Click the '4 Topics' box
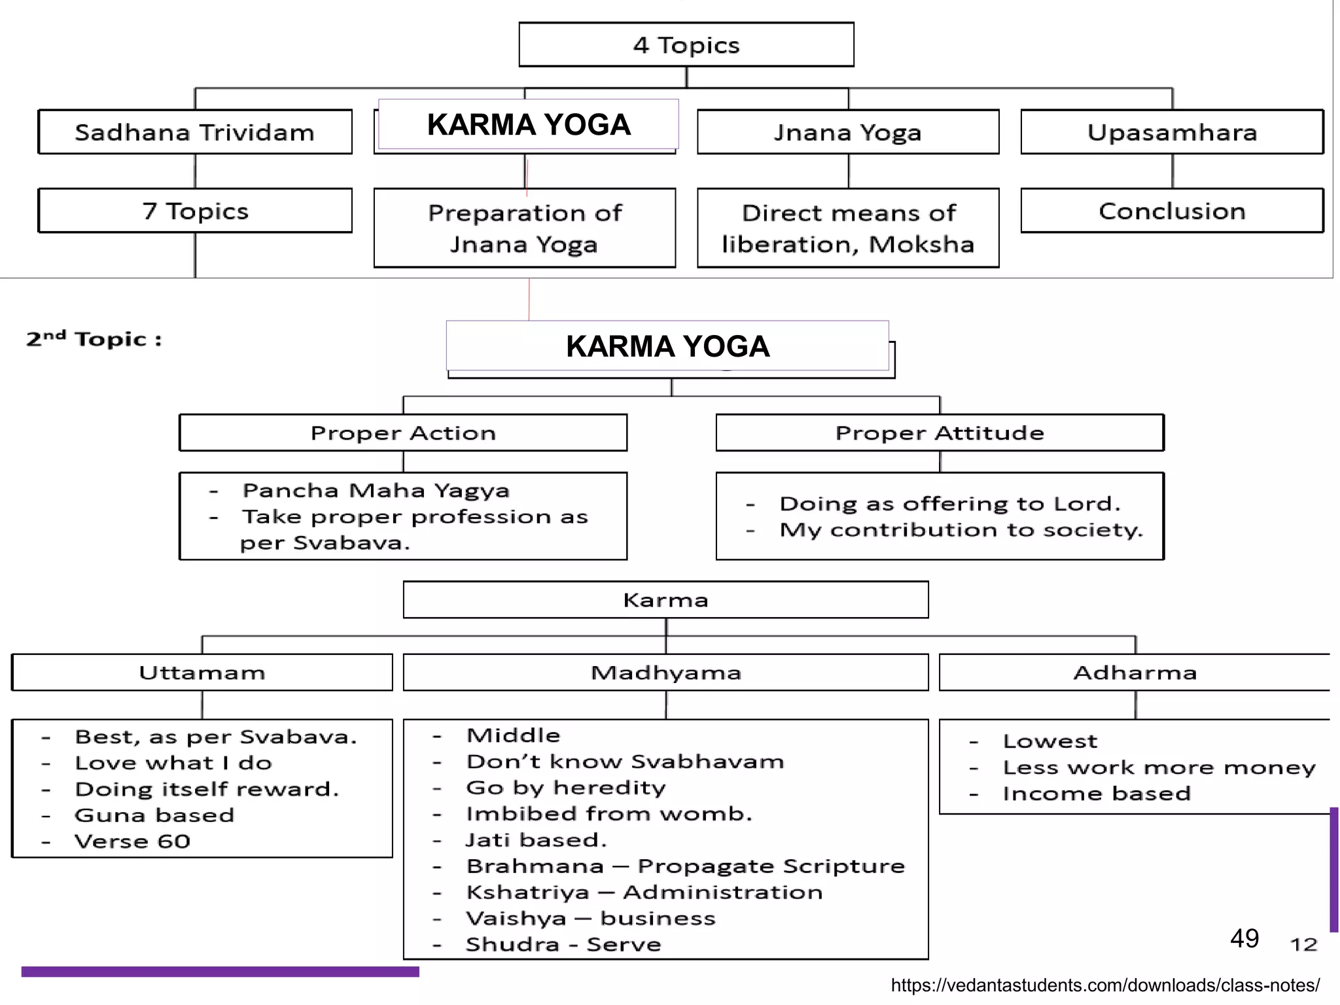[686, 45]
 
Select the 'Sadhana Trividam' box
[195, 132]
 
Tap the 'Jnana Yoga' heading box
[848, 132]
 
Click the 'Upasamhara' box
[1172, 132]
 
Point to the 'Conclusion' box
[1172, 211]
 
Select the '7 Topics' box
[195, 211]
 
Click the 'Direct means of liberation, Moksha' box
[848, 228]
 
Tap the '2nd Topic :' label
[94, 339]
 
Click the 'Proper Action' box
[403, 433]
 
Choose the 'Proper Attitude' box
[940, 433]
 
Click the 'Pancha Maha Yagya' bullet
[376, 491]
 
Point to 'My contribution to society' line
[961, 530]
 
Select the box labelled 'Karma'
[665, 600]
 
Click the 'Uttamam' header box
[202, 673]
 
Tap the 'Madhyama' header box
[665, 673]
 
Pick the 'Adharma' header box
[1135, 673]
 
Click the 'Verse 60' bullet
[132, 841]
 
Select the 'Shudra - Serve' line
[563, 945]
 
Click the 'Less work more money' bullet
[1159, 767]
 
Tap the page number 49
[1244, 938]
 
